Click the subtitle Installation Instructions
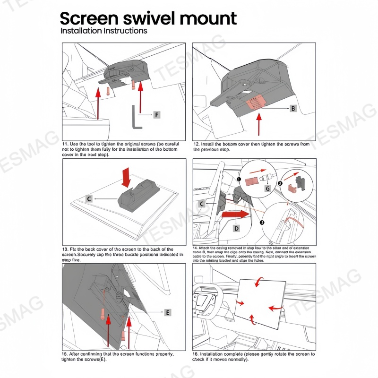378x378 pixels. click(103, 31)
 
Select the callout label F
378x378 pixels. click(156, 115)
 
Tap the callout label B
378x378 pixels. click(292, 109)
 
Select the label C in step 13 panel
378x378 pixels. click(89, 199)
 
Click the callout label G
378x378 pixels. click(267, 189)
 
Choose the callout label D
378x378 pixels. click(237, 228)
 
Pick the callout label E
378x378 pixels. click(167, 312)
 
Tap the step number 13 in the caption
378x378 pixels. click(65, 249)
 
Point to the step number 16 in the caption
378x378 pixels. click(196, 354)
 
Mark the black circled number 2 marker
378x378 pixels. click(280, 183)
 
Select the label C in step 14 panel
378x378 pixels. click(202, 204)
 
